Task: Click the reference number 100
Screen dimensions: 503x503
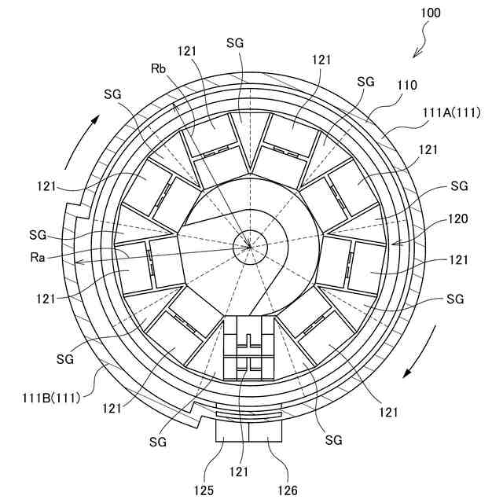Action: click(431, 13)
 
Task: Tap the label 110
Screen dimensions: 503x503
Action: click(406, 85)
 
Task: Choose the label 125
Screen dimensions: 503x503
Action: click(205, 490)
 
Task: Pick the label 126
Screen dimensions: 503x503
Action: click(287, 490)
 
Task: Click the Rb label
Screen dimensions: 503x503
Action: click(159, 68)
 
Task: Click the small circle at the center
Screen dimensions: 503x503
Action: click(251, 245)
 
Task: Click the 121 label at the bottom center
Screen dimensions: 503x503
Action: click(240, 472)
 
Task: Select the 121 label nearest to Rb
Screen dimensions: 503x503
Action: click(187, 51)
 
